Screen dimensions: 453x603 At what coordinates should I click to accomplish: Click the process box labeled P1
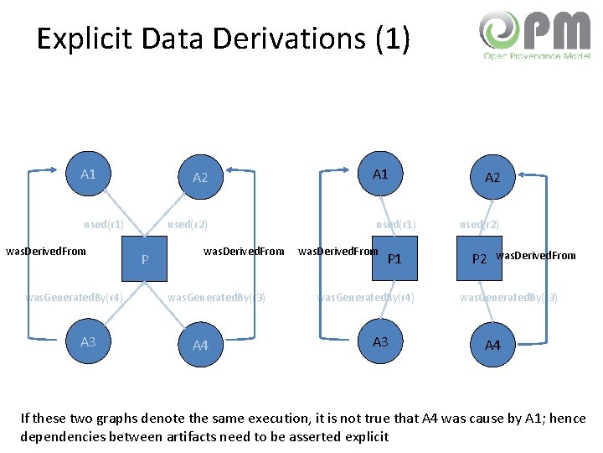[394, 258]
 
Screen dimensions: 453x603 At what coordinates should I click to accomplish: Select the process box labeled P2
[479, 258]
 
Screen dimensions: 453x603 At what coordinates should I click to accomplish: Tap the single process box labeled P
[145, 259]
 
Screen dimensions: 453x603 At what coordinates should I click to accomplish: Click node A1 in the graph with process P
[88, 174]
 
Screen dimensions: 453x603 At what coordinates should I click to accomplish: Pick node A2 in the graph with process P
[200, 177]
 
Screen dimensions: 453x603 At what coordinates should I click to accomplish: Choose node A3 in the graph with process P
[88, 341]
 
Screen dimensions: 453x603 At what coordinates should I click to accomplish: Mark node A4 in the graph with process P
[200, 345]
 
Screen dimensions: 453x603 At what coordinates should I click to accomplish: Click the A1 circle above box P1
[380, 174]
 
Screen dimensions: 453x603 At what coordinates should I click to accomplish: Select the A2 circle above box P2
[492, 177]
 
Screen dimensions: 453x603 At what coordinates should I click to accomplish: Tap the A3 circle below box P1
[380, 341]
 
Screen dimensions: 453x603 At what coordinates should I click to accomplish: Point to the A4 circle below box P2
[492, 345]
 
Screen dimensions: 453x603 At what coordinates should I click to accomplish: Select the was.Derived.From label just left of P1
[338, 251]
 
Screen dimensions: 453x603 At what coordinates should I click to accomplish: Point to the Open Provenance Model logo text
[536, 55]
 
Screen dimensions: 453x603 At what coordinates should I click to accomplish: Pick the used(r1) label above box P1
[396, 224]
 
